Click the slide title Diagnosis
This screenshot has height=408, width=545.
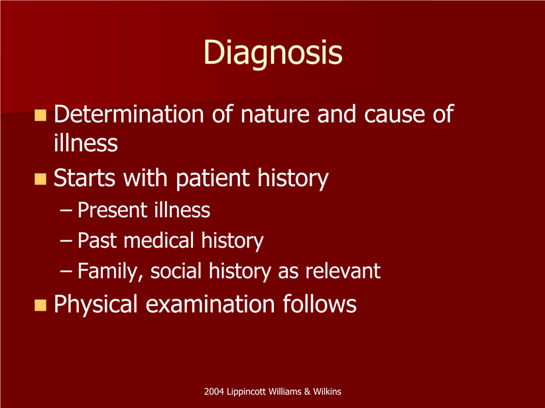(x=273, y=53)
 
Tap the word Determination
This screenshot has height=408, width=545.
(x=129, y=113)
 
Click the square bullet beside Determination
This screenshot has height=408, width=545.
(x=40, y=115)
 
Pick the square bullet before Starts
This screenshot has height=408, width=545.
(x=40, y=179)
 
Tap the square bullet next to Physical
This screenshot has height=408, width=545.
(x=40, y=305)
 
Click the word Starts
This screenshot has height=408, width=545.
(x=84, y=178)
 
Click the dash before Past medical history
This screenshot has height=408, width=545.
(x=66, y=240)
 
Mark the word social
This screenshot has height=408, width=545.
(x=176, y=271)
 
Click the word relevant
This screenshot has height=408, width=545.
(x=343, y=271)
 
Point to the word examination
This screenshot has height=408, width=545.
(x=210, y=304)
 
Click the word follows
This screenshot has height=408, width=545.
(x=320, y=304)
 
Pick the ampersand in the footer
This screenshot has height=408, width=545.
(x=307, y=391)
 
